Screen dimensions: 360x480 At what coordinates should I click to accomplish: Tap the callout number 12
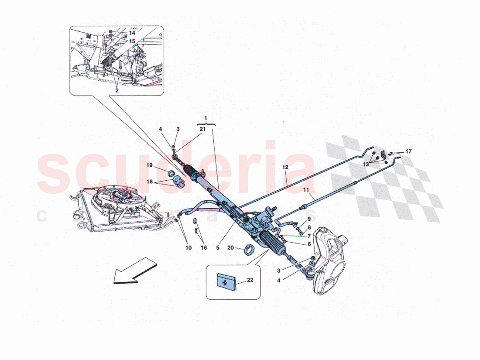click(285, 167)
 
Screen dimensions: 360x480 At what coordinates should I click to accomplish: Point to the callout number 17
click(408, 151)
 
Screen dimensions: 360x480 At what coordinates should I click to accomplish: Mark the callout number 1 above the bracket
click(206, 118)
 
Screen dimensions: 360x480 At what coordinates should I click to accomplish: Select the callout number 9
click(309, 219)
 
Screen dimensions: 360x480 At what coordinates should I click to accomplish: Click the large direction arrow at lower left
click(134, 270)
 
